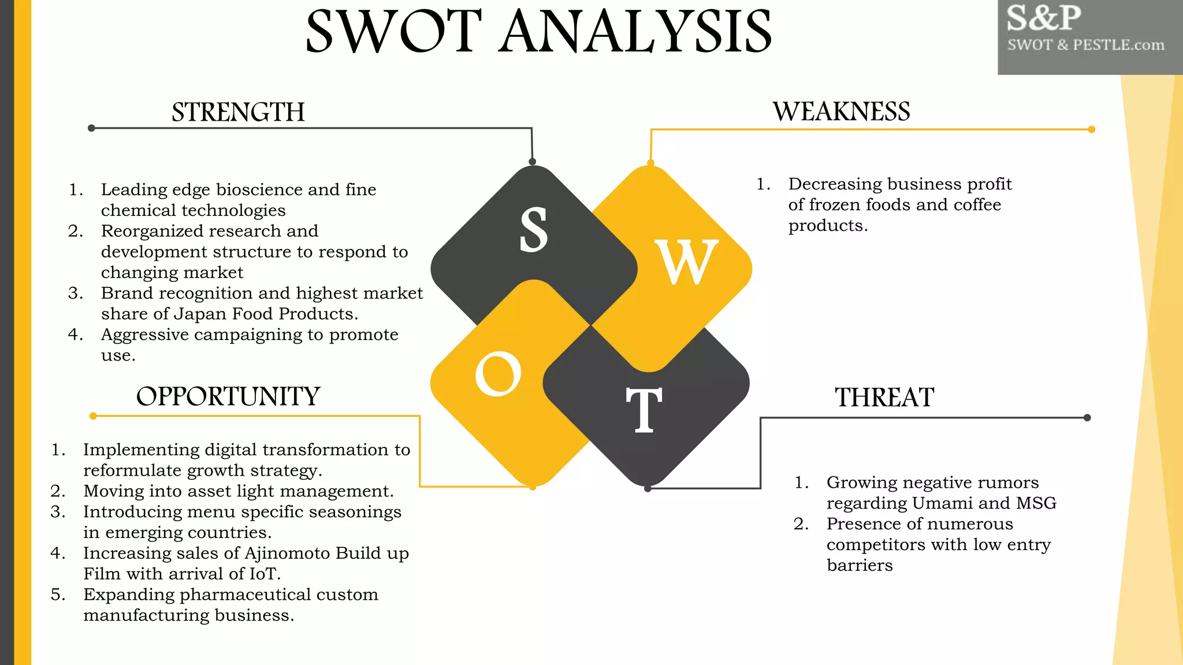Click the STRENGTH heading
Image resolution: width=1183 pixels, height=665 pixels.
[x=238, y=112]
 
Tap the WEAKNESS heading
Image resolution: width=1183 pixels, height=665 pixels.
[x=842, y=111]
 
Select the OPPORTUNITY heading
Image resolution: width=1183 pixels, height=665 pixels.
[x=228, y=397]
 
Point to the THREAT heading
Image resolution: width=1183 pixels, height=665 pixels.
[x=884, y=398]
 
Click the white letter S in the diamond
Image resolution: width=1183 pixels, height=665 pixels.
[x=533, y=230]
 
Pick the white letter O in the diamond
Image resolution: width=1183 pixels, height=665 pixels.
[x=498, y=374]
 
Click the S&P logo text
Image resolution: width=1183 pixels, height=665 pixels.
[x=1044, y=18]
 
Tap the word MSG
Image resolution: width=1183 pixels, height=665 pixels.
[x=1036, y=503]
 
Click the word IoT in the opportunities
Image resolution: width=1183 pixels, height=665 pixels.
[x=264, y=574]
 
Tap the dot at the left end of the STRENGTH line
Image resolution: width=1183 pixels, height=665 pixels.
[x=91, y=128]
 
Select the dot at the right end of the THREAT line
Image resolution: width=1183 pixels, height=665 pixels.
[x=1087, y=417]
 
